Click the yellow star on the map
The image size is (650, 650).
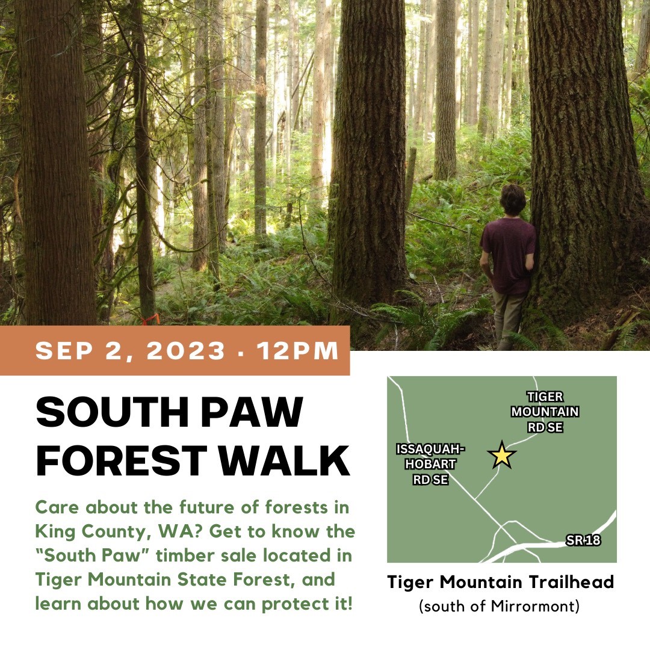tap(502, 455)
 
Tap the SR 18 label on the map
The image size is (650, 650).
tap(583, 540)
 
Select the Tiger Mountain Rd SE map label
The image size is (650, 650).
tap(545, 412)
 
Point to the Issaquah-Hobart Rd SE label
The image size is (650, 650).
tap(430, 464)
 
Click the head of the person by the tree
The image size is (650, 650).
tap(513, 200)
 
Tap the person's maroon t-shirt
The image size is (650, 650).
tap(509, 255)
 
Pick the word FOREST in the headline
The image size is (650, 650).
tap(122, 460)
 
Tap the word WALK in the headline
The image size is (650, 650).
tap(284, 460)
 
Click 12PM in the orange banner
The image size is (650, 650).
tap(298, 351)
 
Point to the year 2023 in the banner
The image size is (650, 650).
tap(186, 351)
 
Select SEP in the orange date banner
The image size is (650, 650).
tap(64, 351)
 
